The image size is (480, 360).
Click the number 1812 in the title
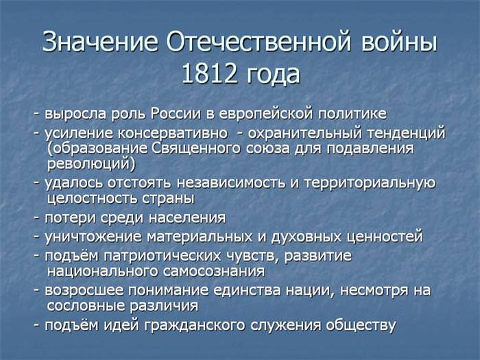[209, 74]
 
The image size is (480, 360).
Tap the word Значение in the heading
[100, 41]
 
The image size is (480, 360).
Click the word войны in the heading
[399, 41]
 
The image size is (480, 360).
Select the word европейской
[266, 115]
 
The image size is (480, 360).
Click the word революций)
[91, 164]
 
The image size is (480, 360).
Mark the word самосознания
[213, 272]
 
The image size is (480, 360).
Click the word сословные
[86, 306]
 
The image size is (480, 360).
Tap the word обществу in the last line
[361, 326]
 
